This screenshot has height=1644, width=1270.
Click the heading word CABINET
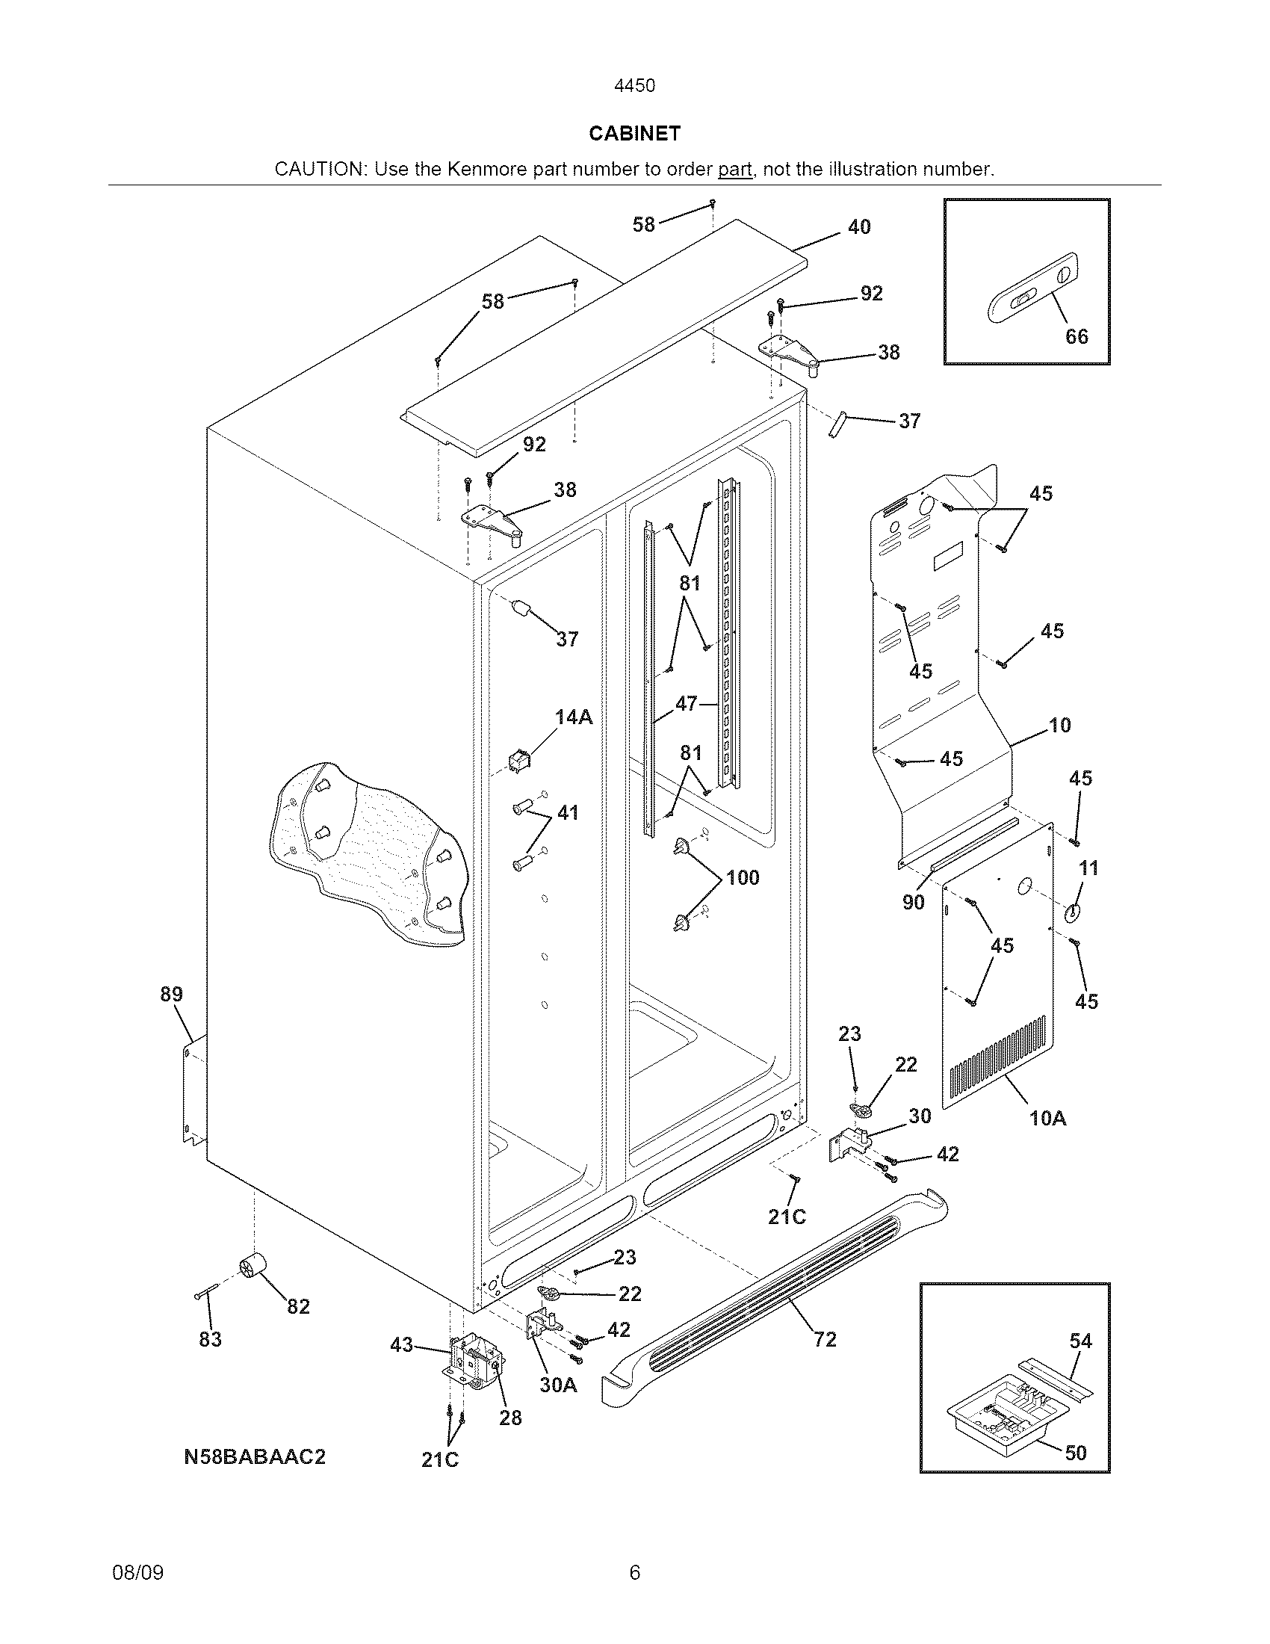coord(634,133)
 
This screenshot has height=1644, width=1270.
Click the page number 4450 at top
coord(634,86)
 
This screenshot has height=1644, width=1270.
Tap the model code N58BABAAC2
coord(254,1456)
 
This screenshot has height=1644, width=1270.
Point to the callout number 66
coord(1076,336)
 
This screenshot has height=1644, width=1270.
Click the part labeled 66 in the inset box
coord(1031,289)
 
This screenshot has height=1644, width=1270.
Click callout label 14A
coord(574,717)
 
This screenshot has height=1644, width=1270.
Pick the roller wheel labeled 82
coord(253,1269)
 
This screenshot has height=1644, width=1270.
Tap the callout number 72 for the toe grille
coord(825,1339)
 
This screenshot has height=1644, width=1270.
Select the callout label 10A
coord(1048,1119)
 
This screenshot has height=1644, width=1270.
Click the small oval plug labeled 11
coord(1071,912)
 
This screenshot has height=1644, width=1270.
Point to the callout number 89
coord(172,994)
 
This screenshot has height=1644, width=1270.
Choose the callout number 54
coord(1080,1341)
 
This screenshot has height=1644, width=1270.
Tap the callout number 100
coord(743,878)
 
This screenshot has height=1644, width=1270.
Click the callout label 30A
coord(558,1385)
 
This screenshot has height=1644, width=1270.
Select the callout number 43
coord(402,1344)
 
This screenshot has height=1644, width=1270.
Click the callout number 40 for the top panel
coord(859,226)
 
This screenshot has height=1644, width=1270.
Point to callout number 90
coord(913,902)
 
